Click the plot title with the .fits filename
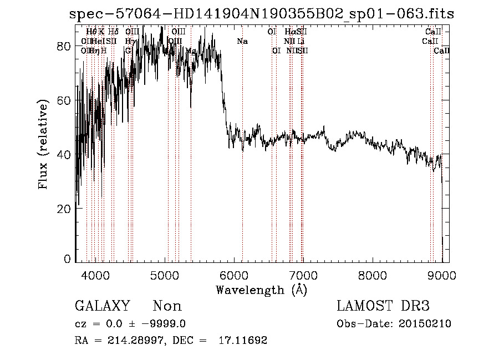coord(261,14)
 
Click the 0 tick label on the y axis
coord(67,258)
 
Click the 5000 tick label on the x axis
coord(165,276)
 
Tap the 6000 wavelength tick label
coord(234,276)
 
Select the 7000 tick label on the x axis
coord(303,276)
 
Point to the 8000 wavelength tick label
coord(373,276)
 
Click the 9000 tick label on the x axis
coord(442,276)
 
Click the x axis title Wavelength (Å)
coord(261,290)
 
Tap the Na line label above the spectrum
coord(242,42)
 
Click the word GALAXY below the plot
coord(103,306)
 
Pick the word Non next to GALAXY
coord(167,306)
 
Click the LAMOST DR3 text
coord(383,306)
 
